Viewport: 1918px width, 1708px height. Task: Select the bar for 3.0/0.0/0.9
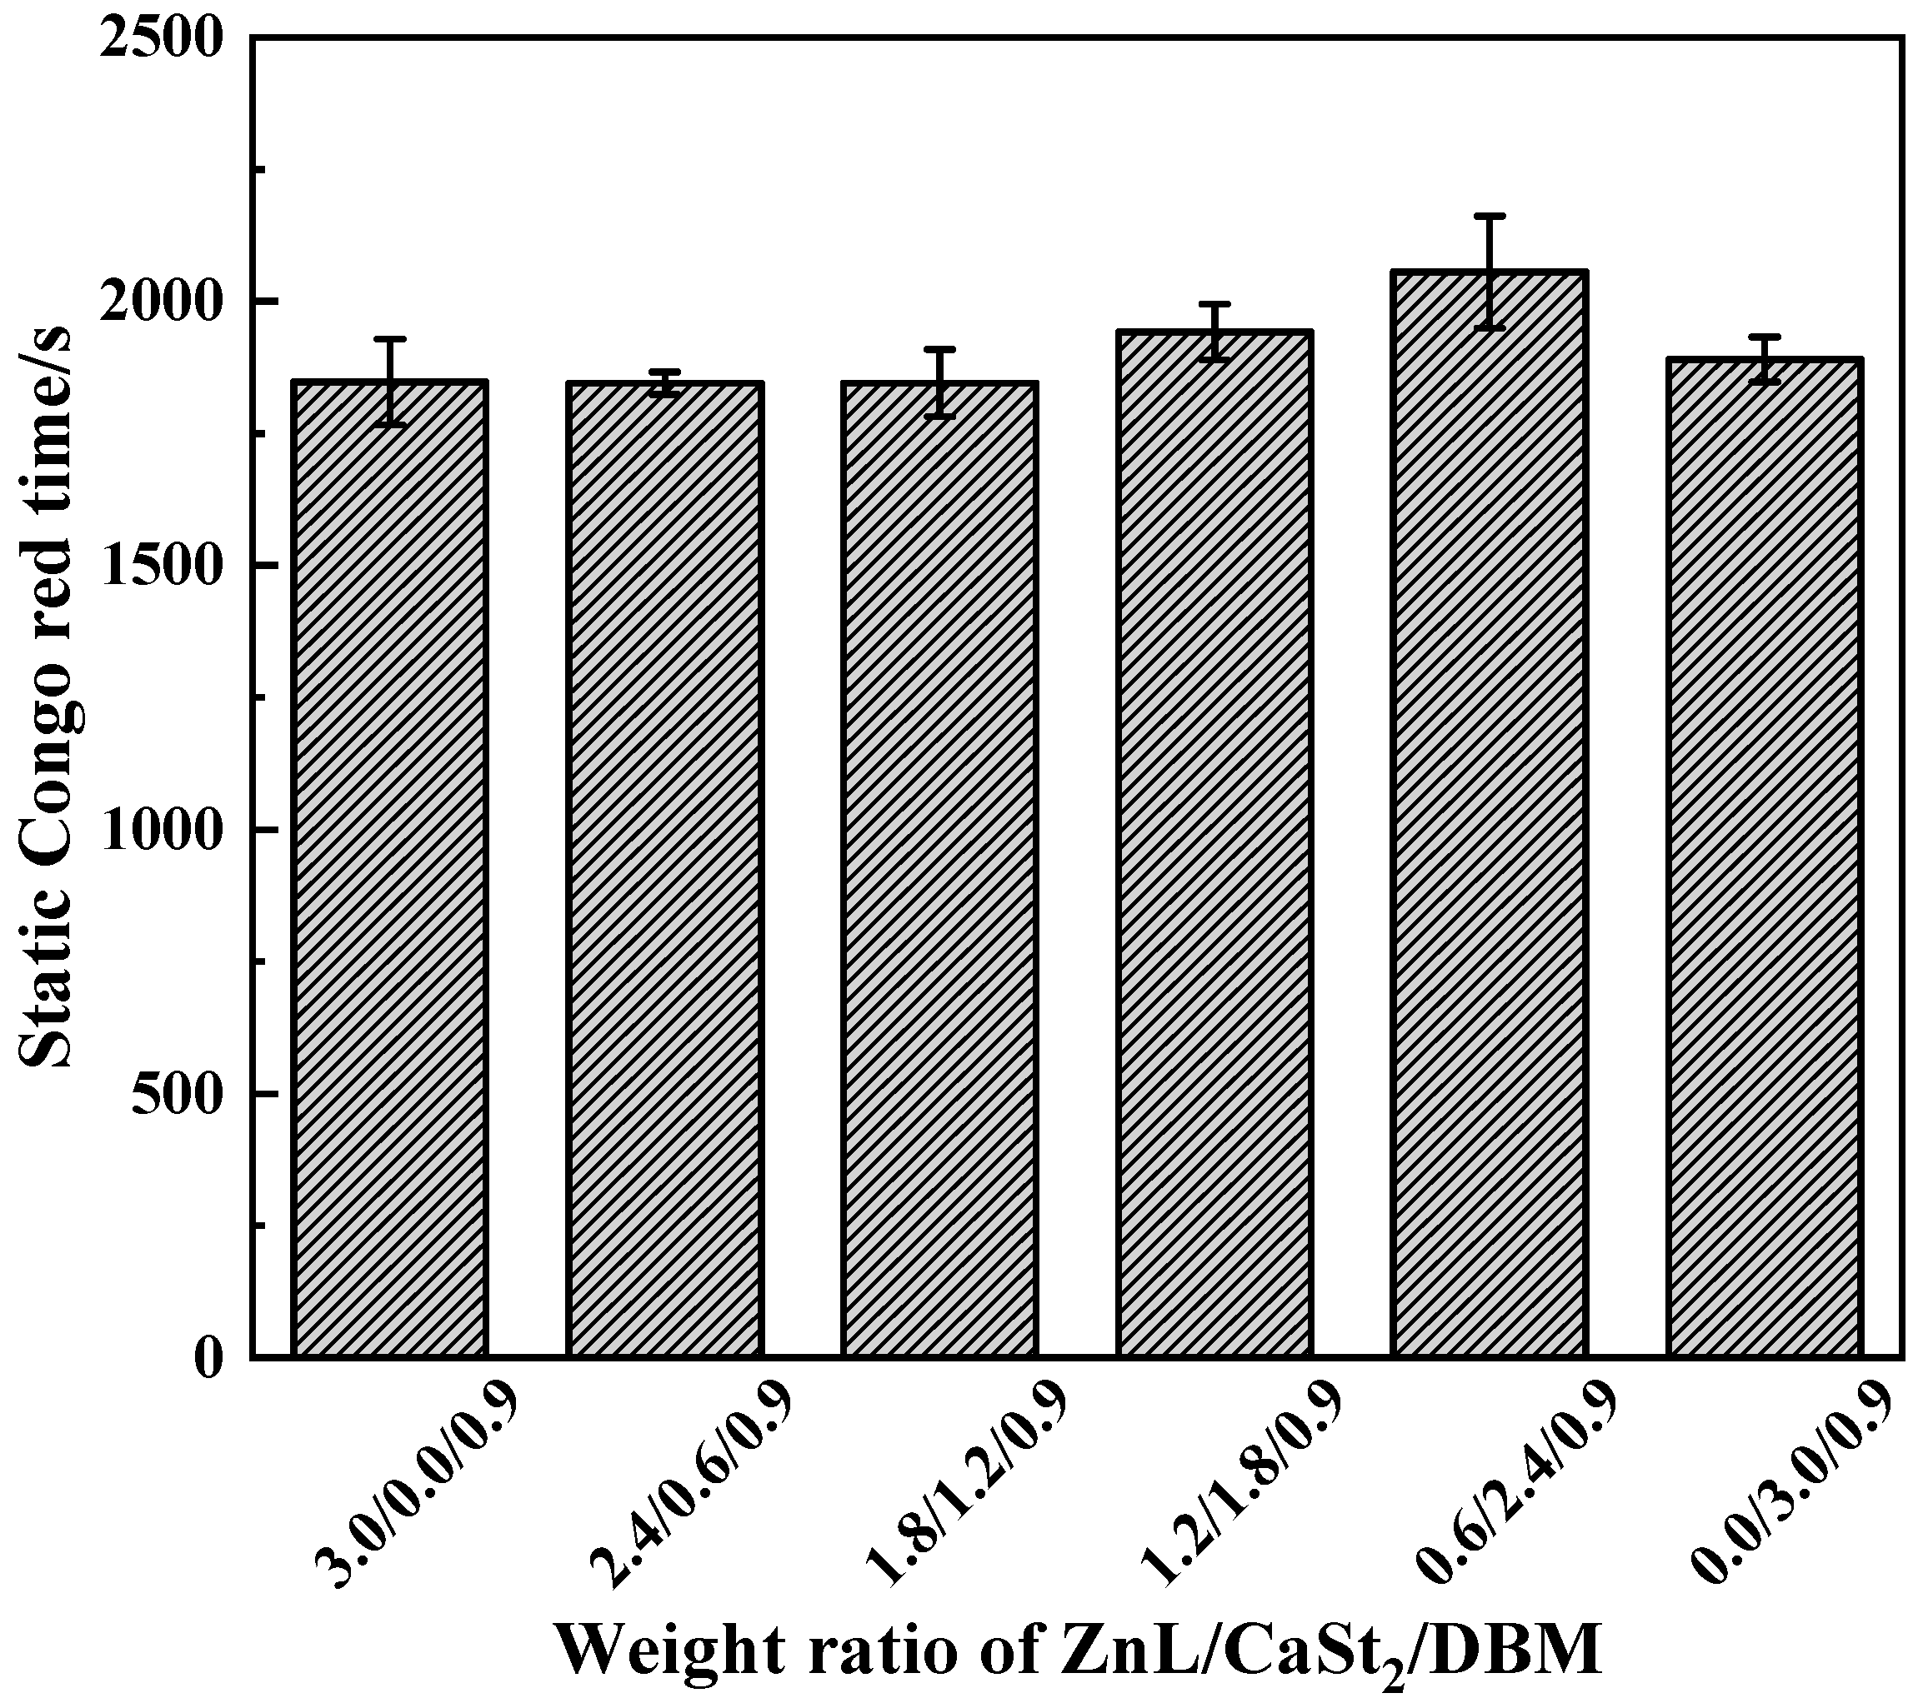(x=389, y=868)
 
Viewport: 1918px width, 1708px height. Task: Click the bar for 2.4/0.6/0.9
(x=664, y=869)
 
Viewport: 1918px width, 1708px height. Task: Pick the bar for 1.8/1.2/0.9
(x=939, y=869)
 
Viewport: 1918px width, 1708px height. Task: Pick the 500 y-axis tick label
(x=178, y=1094)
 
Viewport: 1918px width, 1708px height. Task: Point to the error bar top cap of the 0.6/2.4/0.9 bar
(x=1490, y=216)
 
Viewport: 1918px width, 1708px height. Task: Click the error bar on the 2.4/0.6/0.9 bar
(x=664, y=383)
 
